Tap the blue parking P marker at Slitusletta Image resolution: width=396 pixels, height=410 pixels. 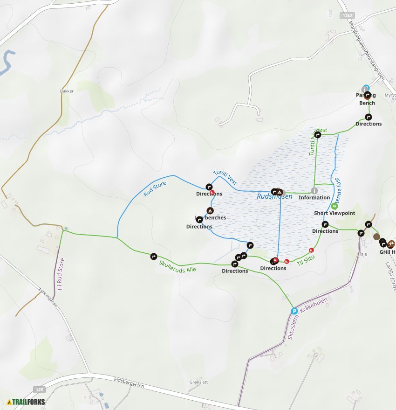(294, 311)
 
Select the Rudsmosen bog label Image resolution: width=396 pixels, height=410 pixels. (274, 197)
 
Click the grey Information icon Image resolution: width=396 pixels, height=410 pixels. (314, 190)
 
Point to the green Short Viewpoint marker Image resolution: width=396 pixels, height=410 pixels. (334, 206)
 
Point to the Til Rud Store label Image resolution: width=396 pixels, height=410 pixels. (60, 275)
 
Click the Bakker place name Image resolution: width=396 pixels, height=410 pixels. (67, 91)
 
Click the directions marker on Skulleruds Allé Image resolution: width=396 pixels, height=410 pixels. (153, 256)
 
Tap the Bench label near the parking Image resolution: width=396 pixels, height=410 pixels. (367, 103)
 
